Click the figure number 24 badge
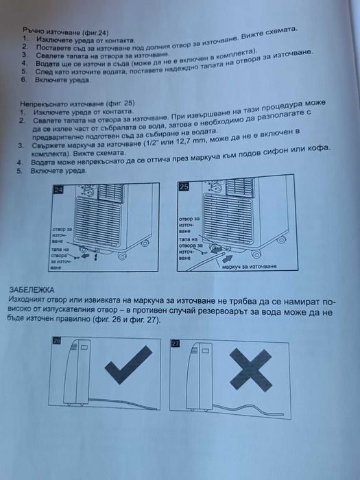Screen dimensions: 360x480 (58, 190)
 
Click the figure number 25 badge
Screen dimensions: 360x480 (184, 187)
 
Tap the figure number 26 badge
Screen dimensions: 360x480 (57, 340)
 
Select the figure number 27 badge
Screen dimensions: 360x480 (176, 344)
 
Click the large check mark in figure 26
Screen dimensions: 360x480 (128, 365)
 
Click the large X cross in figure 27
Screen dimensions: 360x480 (251, 370)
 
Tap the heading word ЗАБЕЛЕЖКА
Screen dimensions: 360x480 (32, 290)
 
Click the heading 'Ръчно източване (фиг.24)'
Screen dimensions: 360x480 (66, 32)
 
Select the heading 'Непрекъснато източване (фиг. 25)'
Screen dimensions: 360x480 (77, 104)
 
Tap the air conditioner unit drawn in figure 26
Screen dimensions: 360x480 (77, 372)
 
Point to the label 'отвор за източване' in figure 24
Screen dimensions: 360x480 (62, 235)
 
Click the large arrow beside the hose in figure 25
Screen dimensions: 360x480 (227, 259)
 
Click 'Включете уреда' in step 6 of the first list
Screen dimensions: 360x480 (62, 80)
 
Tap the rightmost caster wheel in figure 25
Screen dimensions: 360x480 (281, 240)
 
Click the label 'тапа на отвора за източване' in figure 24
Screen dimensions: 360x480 (61, 259)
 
